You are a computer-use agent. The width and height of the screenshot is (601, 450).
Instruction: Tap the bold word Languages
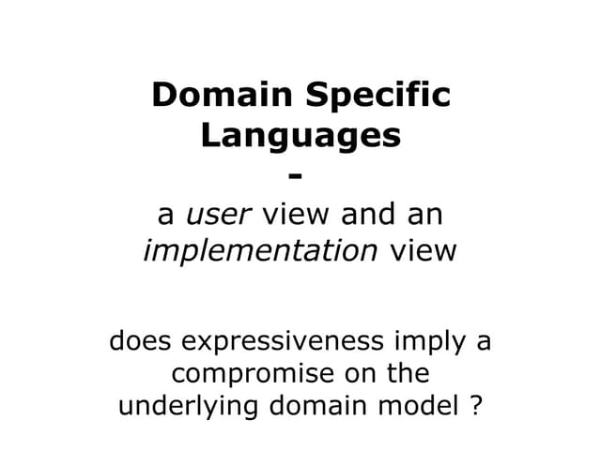[x=300, y=136]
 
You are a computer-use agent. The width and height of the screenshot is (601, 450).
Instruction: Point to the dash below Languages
[x=299, y=176]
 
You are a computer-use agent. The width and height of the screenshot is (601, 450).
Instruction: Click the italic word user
[x=218, y=215]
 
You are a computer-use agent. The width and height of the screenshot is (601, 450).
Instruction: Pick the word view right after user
[x=296, y=215]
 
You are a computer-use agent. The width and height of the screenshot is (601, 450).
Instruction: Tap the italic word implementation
[x=261, y=251]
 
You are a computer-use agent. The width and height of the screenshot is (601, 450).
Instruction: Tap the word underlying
[x=177, y=408]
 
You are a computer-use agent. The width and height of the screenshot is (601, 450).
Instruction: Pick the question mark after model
[x=474, y=408]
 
